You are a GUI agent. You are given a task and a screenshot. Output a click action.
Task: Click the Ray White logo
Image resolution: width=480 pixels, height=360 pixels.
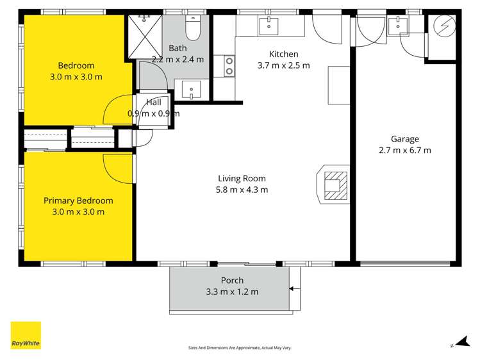pos(26,335)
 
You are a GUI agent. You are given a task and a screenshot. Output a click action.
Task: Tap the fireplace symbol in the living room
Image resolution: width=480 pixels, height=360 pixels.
pos(333,185)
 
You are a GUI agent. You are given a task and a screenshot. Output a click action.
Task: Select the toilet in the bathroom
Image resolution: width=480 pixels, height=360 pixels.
pos(193,28)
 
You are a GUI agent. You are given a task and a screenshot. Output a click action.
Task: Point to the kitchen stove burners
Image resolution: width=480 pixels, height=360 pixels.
pos(229,65)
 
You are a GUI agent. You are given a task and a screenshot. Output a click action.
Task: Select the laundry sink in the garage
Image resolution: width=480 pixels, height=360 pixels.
pos(398,27)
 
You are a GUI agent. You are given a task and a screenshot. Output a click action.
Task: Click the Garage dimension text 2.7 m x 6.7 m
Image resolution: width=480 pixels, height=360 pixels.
pos(405,151)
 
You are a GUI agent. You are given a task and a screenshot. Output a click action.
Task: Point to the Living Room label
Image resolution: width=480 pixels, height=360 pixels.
pos(242,179)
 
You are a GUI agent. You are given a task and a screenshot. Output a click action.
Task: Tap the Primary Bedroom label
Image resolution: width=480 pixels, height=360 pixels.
pos(78,200)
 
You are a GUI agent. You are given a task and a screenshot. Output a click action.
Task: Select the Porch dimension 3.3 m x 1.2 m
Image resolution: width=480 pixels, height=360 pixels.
pos(231,291)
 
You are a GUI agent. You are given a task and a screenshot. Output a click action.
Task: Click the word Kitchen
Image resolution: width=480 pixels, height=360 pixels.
pos(283,54)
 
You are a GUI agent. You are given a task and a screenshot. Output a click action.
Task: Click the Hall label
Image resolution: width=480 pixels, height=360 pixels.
pos(154,102)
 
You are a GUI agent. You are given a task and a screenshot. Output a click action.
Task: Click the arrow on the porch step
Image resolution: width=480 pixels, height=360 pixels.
pos(293,289)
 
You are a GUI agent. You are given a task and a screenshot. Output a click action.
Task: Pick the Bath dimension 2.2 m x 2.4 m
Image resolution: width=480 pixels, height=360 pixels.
pos(178,60)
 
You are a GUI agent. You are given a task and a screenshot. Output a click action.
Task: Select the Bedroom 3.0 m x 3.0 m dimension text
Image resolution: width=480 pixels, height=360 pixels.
pos(76,77)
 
